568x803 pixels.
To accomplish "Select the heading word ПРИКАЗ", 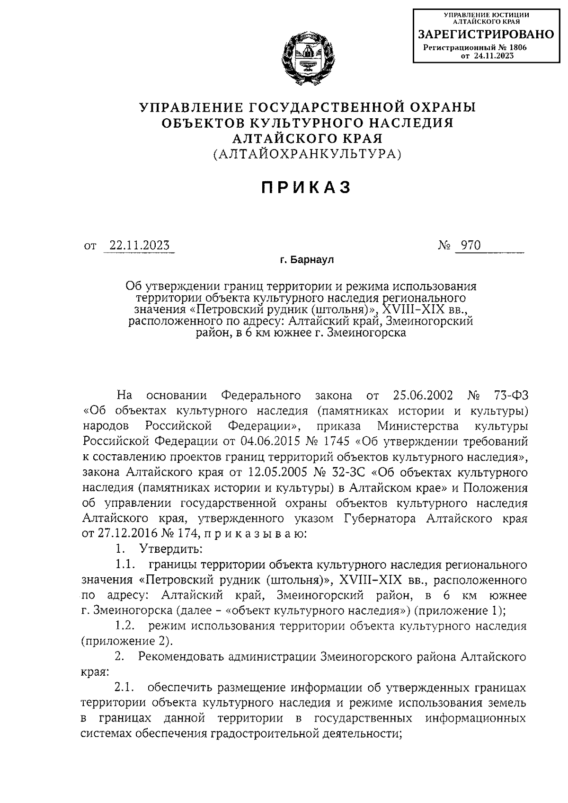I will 307,187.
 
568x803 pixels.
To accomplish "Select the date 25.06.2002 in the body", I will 423,396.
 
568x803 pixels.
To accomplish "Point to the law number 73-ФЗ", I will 508,396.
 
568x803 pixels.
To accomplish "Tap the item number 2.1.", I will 124,688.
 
